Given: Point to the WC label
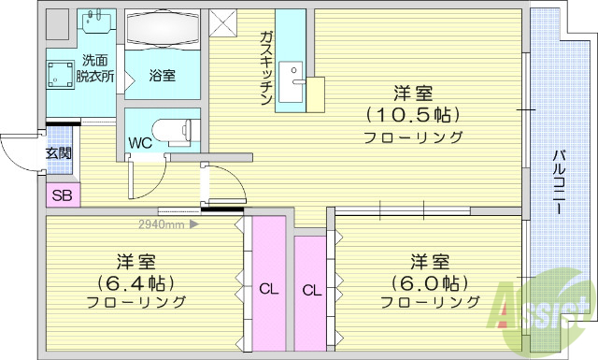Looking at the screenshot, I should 141,144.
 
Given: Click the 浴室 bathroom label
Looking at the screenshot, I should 163,76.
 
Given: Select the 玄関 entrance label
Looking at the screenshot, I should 58,153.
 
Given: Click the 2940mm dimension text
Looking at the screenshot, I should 162,224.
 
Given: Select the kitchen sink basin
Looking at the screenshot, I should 291,76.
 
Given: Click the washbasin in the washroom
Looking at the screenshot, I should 95,24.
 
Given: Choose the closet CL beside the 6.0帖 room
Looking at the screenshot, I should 311,290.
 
